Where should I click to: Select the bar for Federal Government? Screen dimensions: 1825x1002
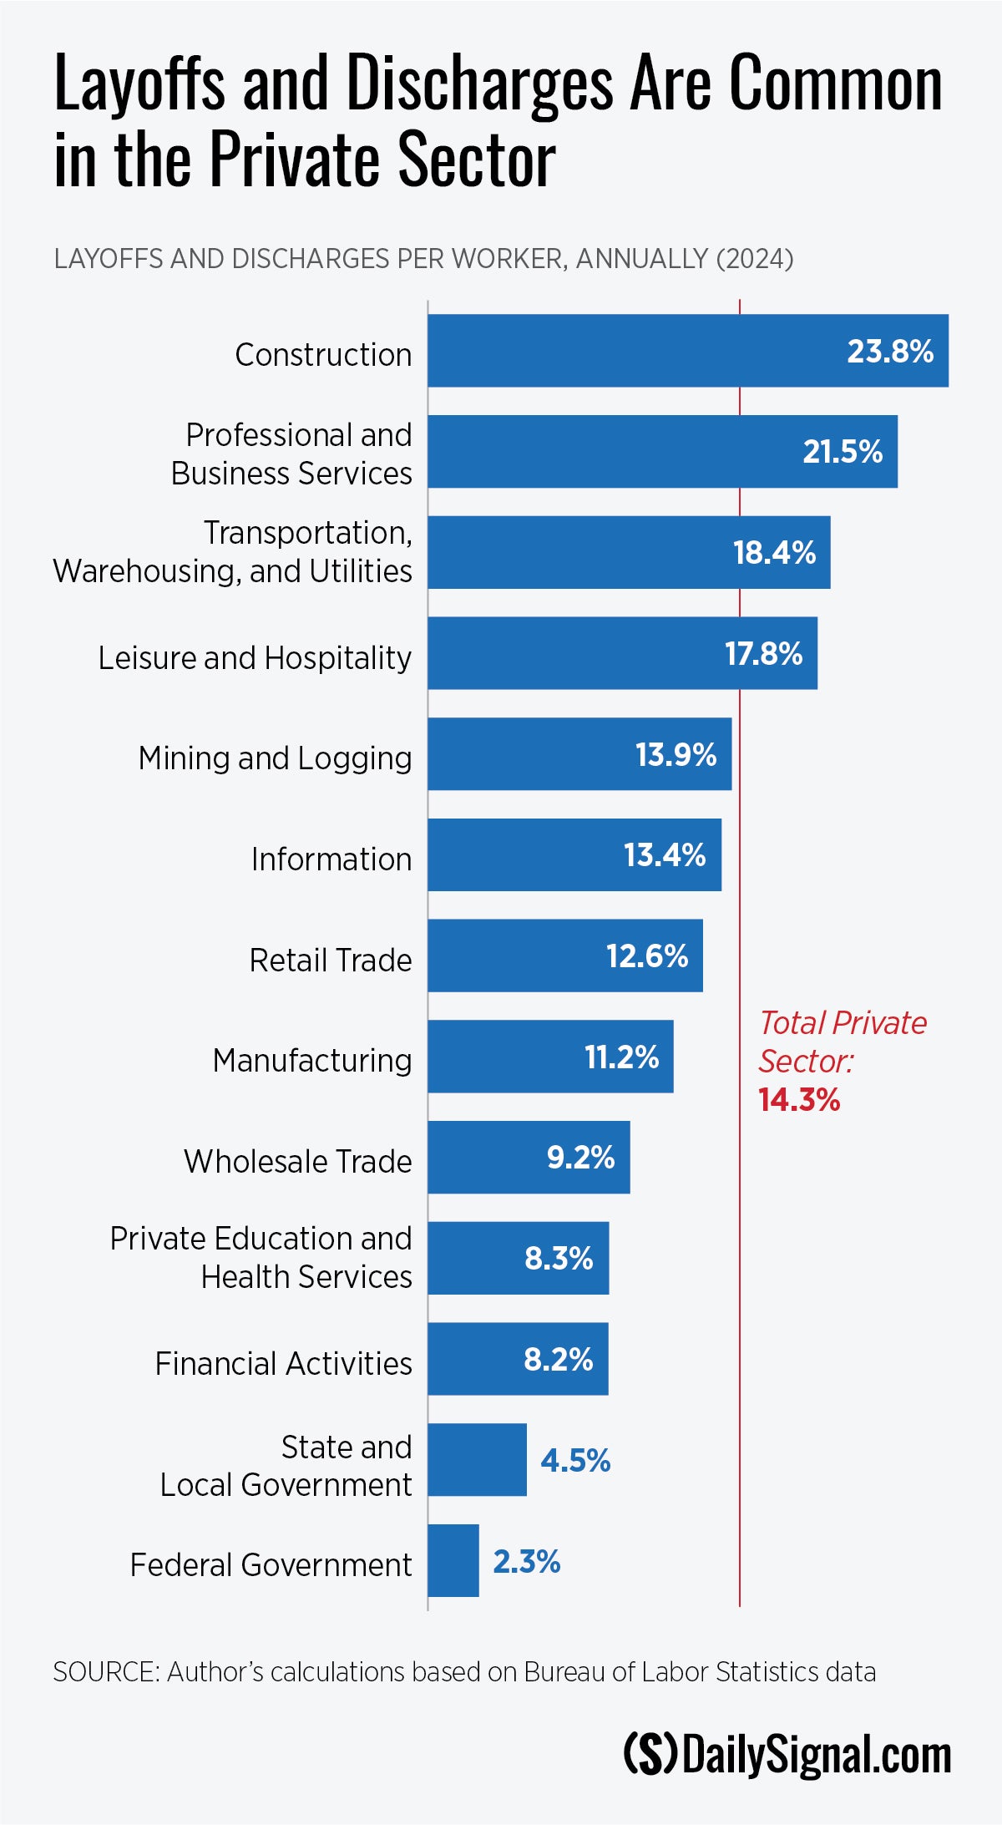[453, 1560]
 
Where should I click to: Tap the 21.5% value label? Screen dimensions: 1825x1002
[843, 452]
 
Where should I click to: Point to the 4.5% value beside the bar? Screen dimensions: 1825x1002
[575, 1461]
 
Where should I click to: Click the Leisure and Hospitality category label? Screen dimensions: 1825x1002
[255, 658]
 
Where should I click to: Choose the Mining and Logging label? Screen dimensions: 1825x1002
[275, 758]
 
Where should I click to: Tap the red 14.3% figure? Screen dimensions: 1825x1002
[799, 1100]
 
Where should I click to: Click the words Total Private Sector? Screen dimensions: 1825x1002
[842, 1042]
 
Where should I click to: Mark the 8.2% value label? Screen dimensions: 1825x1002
[558, 1360]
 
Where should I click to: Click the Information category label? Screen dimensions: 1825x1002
[331, 859]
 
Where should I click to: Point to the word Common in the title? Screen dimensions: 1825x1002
[836, 84]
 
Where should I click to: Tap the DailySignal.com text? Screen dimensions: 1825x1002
[817, 1755]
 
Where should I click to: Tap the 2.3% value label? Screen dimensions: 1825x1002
[526, 1562]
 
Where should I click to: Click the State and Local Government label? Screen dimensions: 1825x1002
[286, 1466]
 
